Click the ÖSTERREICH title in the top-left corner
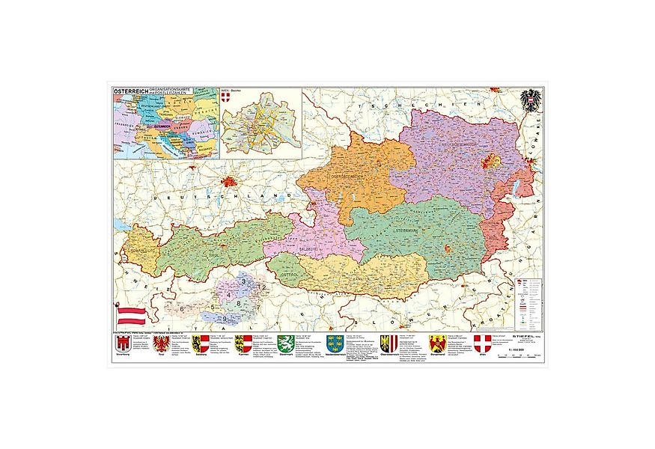(128, 91)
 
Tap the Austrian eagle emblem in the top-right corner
(530, 101)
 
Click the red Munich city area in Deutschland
(229, 181)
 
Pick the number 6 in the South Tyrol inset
(182, 308)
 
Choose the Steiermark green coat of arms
(284, 343)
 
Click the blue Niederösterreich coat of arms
(335, 343)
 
